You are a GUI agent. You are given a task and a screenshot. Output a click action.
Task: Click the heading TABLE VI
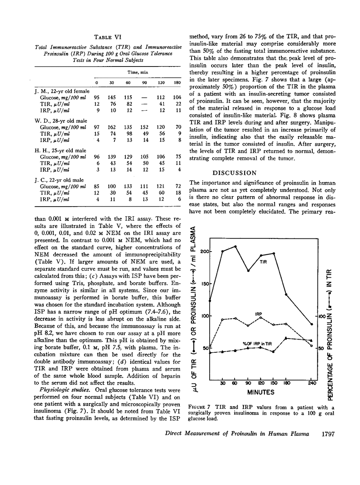coord(108,37)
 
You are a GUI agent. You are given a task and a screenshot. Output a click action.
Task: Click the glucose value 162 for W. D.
coord(112,127)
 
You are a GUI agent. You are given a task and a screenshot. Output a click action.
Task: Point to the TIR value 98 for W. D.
coord(128,133)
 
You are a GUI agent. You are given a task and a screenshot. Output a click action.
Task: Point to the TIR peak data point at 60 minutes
coord(235,246)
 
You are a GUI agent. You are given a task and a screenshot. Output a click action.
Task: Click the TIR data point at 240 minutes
coord(312,324)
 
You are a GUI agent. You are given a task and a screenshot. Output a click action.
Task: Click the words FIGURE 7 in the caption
coord(200,408)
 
